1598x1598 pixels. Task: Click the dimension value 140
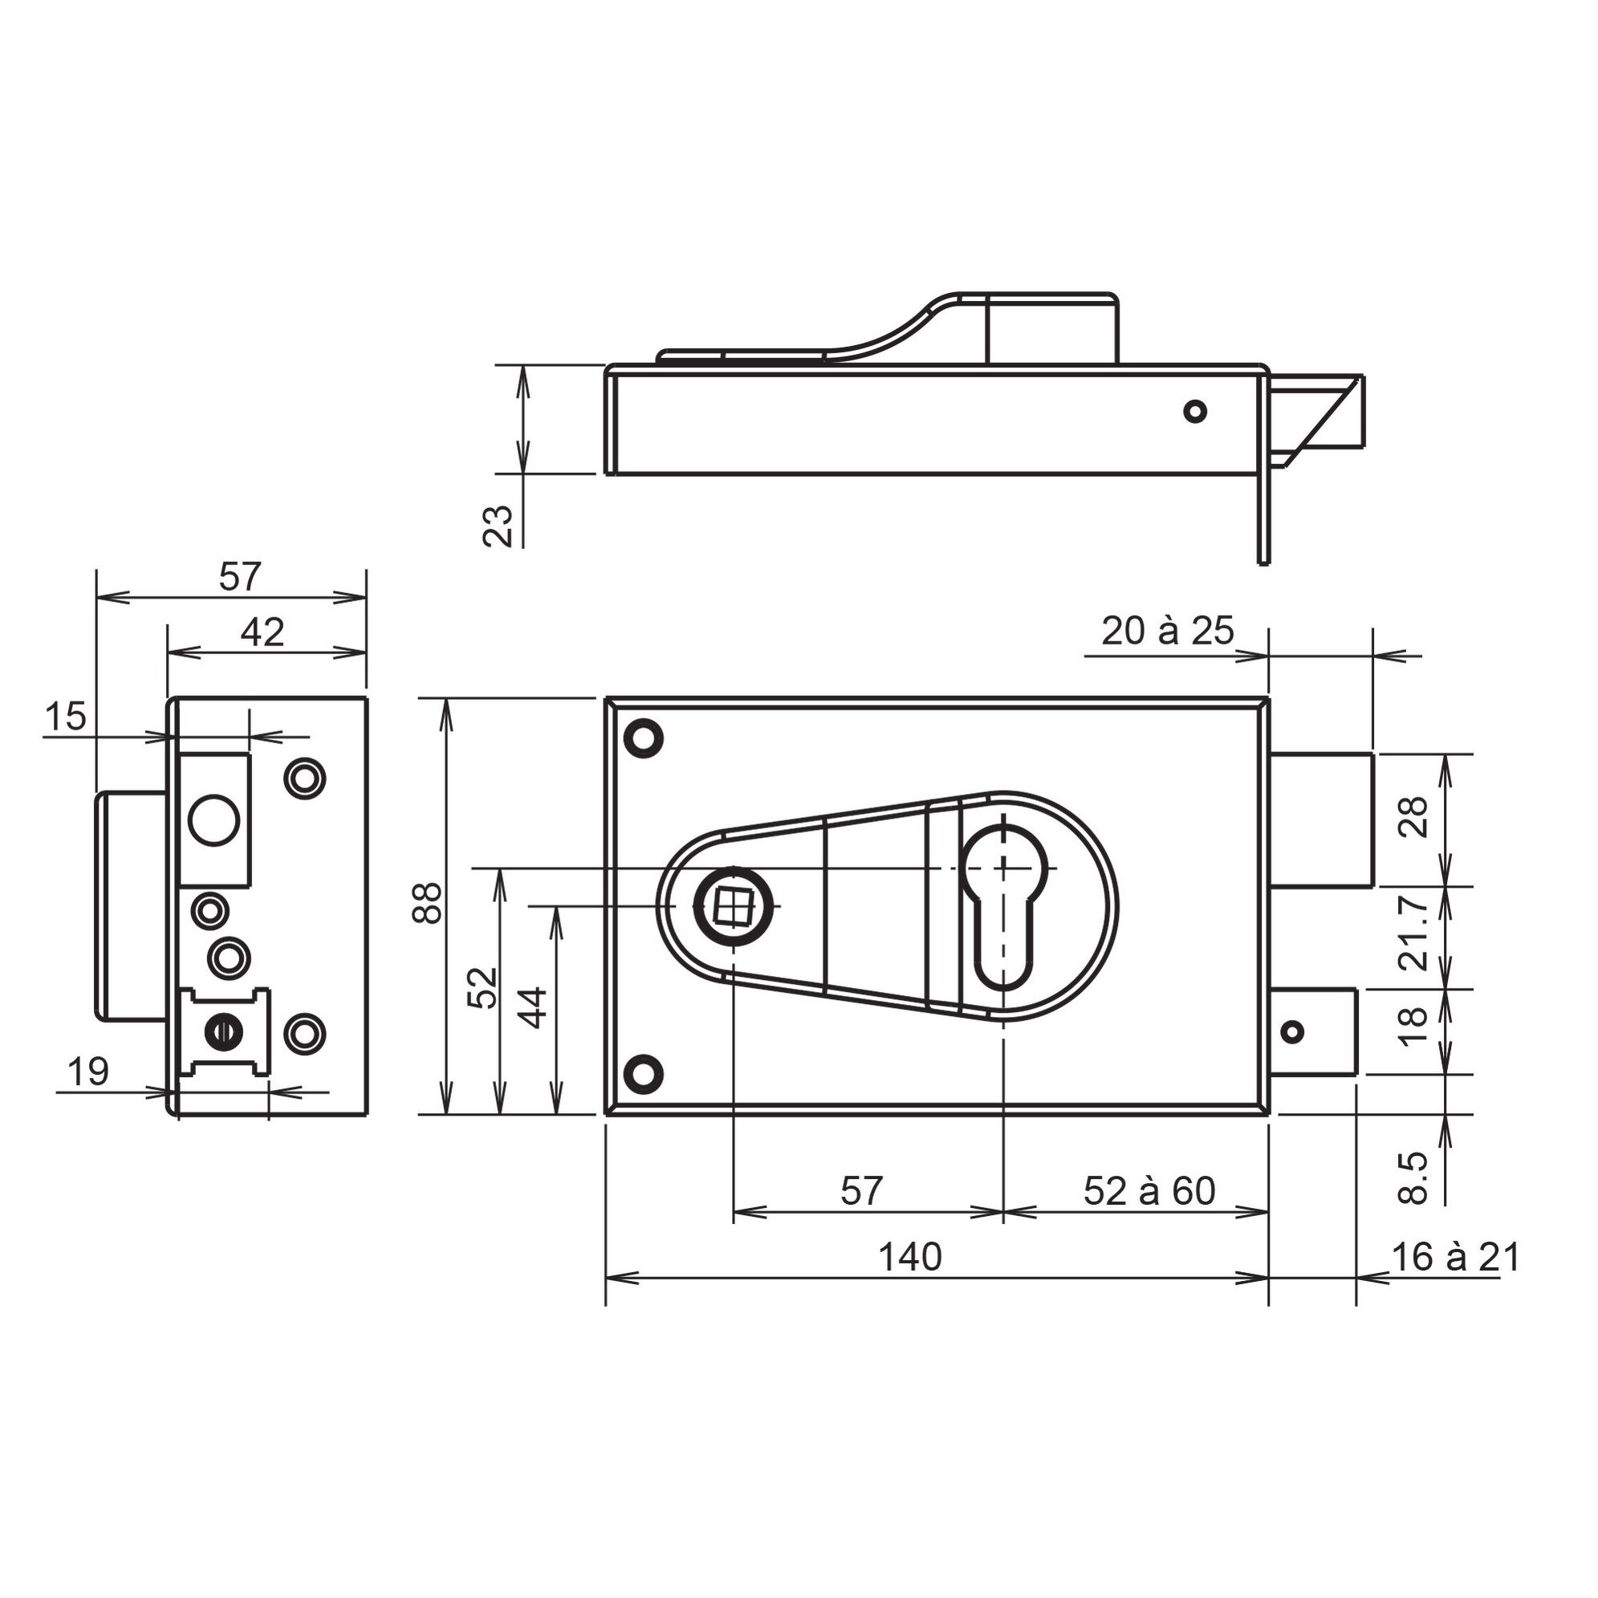point(909,1257)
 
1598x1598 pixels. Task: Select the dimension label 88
point(431,902)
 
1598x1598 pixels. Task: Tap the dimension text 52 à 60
point(1149,1192)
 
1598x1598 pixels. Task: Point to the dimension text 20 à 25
point(1167,632)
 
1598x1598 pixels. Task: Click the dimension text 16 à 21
point(1456,1257)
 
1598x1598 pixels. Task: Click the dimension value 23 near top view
point(498,525)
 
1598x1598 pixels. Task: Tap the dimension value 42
point(262,632)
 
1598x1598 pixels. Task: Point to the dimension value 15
point(65,716)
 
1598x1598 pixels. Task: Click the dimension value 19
point(87,1073)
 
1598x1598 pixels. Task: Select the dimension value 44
point(535,1006)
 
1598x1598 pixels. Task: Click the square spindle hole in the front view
point(730,905)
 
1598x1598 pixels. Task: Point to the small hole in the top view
point(1194,410)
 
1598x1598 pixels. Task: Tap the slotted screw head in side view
point(222,1031)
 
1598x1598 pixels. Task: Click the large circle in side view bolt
point(214,820)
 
